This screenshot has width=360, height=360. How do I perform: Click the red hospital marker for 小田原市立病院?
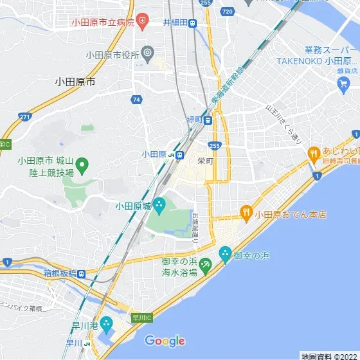[143, 22]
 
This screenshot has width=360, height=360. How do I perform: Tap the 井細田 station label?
[175, 22]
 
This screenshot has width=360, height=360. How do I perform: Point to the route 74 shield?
[136, 100]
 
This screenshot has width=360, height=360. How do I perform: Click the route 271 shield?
[24, 116]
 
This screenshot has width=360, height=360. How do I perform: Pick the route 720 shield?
[227, 12]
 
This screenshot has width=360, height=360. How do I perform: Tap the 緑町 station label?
[194, 120]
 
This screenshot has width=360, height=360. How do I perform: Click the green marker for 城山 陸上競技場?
[83, 169]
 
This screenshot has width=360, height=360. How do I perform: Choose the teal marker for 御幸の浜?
[225, 255]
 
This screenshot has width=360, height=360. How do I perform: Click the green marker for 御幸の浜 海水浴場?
[206, 264]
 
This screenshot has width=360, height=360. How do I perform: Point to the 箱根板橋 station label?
[60, 273]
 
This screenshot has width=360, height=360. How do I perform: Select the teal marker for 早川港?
[107, 325]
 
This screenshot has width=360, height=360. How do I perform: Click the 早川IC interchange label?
[141, 317]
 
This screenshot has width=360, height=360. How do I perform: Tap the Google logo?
[165, 341]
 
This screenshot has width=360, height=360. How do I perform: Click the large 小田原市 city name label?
[75, 82]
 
